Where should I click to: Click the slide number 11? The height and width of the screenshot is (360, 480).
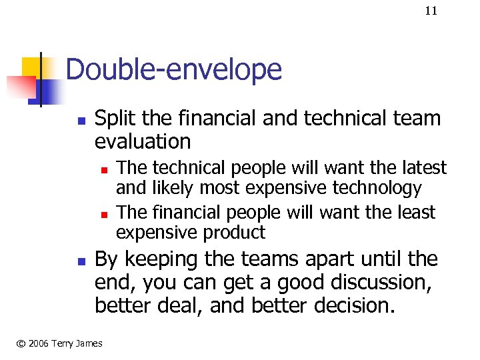[431, 11]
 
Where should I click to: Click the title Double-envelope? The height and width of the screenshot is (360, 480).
[174, 69]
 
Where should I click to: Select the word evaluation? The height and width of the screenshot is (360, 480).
[143, 141]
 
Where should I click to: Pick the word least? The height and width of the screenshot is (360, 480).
[416, 213]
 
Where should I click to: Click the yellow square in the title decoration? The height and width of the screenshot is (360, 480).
[30, 67]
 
